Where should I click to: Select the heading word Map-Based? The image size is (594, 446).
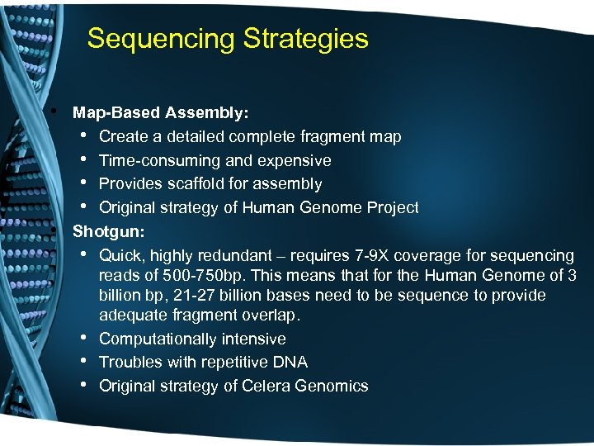click(116, 111)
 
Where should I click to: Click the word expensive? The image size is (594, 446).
click(296, 160)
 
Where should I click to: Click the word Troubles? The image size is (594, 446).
click(127, 363)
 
